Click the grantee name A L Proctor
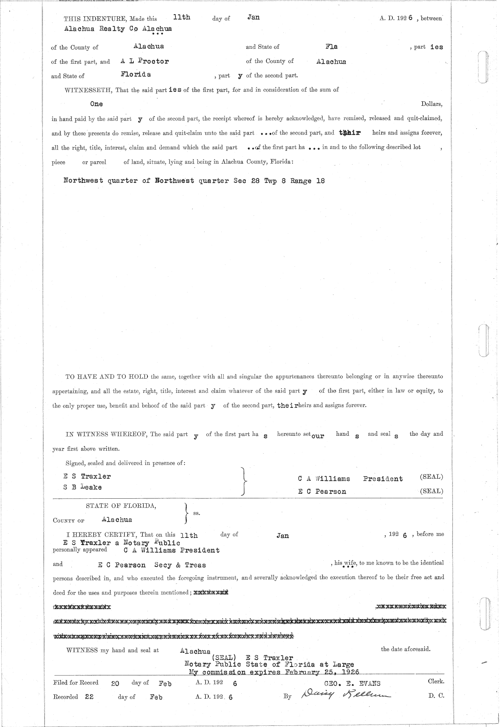point(145,61)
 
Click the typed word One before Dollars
point(96,104)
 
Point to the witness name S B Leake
point(82,487)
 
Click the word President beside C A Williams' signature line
point(382,479)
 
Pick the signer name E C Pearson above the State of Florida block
point(322,492)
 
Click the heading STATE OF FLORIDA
point(121,506)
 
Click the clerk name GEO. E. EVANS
point(352,683)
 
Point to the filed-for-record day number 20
point(116,684)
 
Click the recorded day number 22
point(89,697)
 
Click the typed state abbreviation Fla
point(331,47)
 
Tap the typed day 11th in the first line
point(182,17)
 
